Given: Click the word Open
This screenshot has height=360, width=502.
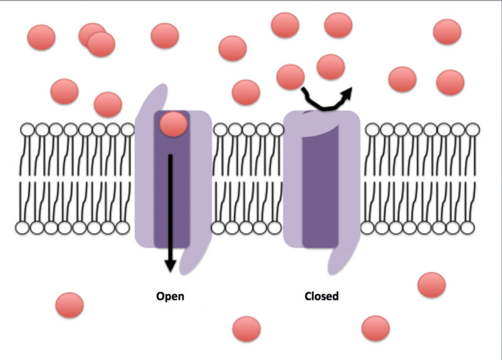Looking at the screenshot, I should coord(170,296).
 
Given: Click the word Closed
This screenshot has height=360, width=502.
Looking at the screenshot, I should coord(321,296).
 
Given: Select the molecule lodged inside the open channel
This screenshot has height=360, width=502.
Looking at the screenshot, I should coord(173,124).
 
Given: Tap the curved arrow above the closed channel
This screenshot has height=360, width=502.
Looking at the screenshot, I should coord(326,100).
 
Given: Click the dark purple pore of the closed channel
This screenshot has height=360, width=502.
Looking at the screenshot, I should coord(321,188).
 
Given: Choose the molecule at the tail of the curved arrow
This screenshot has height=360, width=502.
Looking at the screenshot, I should coord(291,77).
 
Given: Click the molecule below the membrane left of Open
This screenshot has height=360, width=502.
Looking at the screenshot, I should coord(69,305).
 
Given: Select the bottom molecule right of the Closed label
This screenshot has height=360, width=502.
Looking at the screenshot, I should coord(376,328).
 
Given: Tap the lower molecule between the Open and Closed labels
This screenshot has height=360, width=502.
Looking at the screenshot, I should coord(246,329).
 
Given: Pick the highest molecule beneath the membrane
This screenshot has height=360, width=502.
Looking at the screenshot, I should coord(432,285).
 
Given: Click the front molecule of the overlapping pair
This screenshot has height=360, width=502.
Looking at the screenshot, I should coord(101,44).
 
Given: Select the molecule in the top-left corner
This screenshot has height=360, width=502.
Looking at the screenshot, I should coord(41,37).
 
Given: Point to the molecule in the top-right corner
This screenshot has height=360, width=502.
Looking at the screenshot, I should coord(447,31).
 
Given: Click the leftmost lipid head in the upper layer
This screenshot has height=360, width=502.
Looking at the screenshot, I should coord(28,130).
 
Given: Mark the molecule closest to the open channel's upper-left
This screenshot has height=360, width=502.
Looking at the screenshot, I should coord(107,104).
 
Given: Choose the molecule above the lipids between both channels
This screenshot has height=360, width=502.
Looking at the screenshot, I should coord(246,92).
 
